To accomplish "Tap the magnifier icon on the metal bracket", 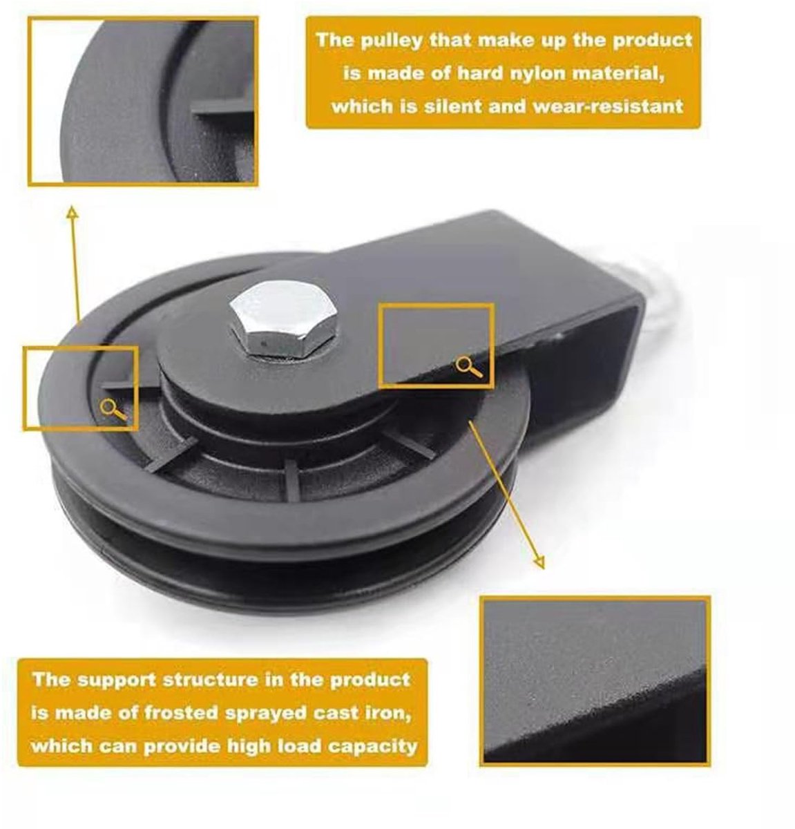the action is click(469, 367).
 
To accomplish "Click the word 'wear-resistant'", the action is click(608, 106).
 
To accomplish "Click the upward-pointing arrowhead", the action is click(73, 212).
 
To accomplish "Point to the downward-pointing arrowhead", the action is click(539, 562).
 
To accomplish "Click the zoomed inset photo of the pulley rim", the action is click(142, 102).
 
